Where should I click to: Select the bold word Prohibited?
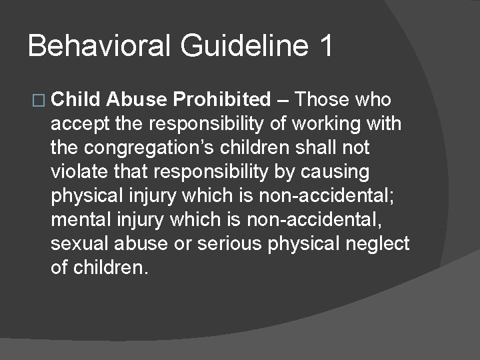221,100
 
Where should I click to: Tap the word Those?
323,100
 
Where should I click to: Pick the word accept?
75,125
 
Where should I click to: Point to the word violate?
77,172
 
